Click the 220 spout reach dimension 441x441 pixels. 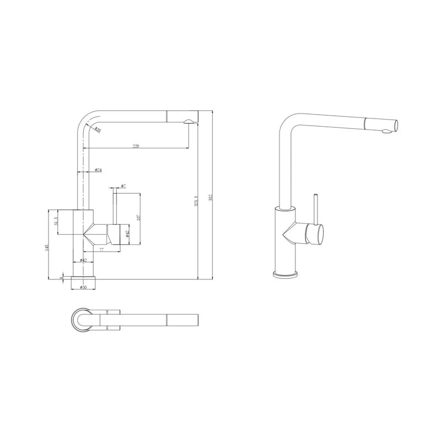pyautogui.click(x=136, y=146)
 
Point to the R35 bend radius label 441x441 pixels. pyautogui.click(x=97, y=130)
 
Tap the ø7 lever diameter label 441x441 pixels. pyautogui.click(x=124, y=186)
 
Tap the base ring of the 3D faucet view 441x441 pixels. pyautogui.click(x=286, y=274)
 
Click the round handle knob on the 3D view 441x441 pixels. pyautogui.click(x=316, y=235)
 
